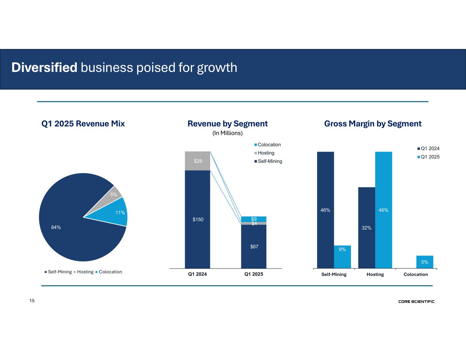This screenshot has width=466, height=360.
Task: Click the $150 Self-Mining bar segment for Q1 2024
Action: pos(197,219)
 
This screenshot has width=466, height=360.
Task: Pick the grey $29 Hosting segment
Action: pos(197,161)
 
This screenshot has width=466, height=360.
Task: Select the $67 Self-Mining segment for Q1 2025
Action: pos(254,246)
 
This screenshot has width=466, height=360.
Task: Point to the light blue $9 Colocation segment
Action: pos(254,219)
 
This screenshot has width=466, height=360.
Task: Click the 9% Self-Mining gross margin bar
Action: pos(342,257)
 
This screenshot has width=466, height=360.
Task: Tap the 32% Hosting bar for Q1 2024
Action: pos(366,228)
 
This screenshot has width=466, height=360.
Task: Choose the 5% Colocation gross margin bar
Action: pos(424,262)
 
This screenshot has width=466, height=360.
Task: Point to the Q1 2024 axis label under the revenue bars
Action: pos(197,274)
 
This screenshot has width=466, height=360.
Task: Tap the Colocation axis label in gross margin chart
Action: pos(415,274)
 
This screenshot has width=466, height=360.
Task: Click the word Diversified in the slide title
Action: pos(44,68)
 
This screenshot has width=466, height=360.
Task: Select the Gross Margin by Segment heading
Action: pos(373,124)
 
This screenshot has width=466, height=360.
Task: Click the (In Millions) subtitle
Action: pos(227,133)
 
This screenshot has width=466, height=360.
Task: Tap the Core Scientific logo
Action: pos(416,302)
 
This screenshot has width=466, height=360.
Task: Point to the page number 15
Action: pos(32,301)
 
